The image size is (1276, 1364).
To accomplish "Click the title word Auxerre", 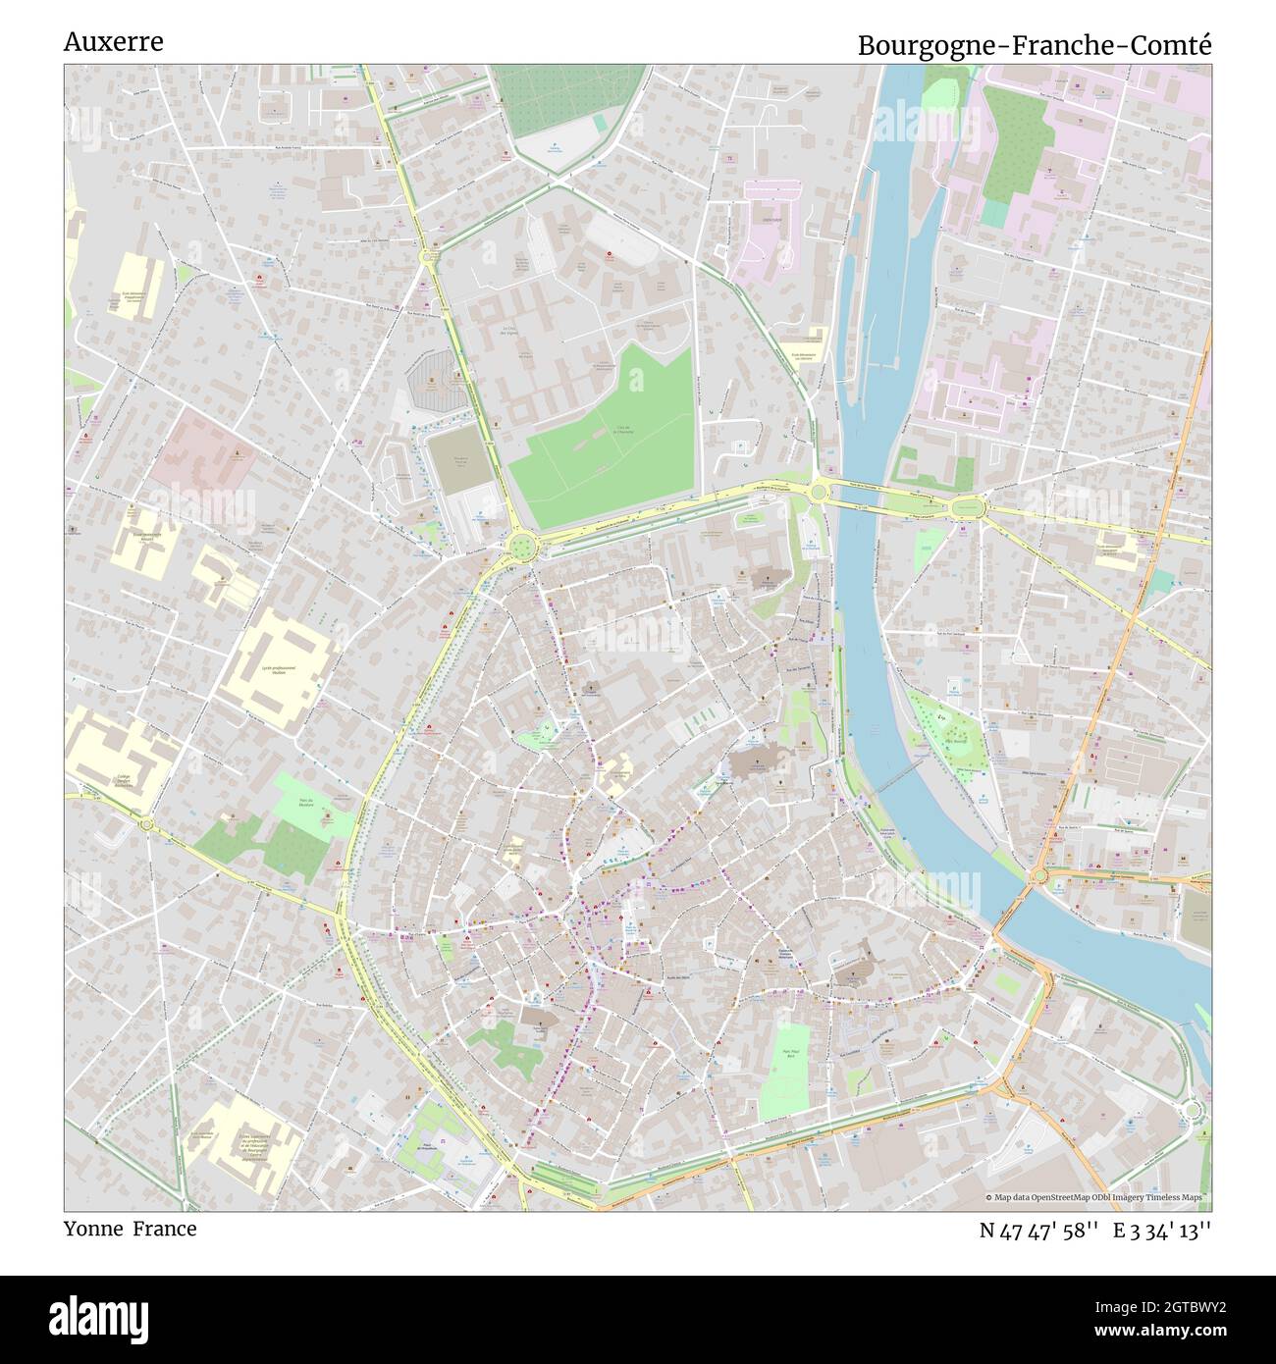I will pyautogui.click(x=113, y=42).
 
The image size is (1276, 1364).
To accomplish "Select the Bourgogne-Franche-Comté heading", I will pyautogui.click(x=1035, y=45).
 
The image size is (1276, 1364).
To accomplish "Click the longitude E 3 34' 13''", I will pyautogui.click(x=1162, y=1231).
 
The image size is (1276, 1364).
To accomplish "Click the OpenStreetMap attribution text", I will pyautogui.click(x=1097, y=1197).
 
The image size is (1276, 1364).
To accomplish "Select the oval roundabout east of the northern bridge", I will pyautogui.click(x=966, y=506).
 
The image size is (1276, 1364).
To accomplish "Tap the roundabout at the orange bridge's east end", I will pyautogui.click(x=1040, y=874).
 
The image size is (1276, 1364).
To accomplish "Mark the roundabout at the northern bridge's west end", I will pyautogui.click(x=817, y=490).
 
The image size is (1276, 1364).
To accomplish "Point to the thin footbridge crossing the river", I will pyautogui.click(x=895, y=781).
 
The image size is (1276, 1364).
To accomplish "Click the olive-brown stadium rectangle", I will pyautogui.click(x=459, y=461).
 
